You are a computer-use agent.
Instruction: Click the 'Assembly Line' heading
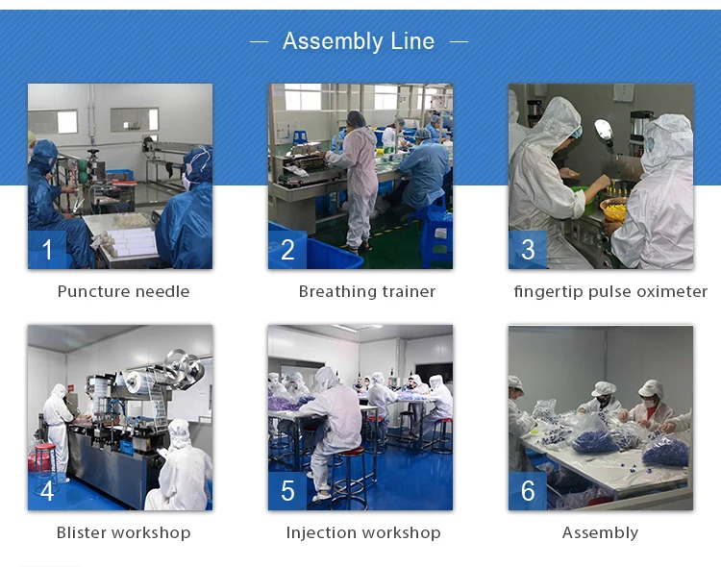[359, 41]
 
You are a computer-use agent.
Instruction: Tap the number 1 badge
[47, 250]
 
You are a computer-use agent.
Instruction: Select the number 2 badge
[287, 250]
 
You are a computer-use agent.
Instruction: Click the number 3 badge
[528, 250]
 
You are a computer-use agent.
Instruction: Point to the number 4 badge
[47, 491]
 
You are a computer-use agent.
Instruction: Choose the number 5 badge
[287, 491]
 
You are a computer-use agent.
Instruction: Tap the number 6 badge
[528, 491]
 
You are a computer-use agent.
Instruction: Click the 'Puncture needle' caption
[123, 291]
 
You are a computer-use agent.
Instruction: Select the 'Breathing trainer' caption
[367, 291]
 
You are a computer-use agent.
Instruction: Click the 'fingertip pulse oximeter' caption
[610, 291]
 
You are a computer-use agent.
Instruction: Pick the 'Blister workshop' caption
[123, 532]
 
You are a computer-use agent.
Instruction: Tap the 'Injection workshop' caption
[363, 532]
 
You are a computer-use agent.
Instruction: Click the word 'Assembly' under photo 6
[600, 532]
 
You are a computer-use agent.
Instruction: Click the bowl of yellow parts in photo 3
[615, 210]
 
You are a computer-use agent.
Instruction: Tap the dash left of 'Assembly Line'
[259, 41]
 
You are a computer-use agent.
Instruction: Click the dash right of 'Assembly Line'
[459, 41]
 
